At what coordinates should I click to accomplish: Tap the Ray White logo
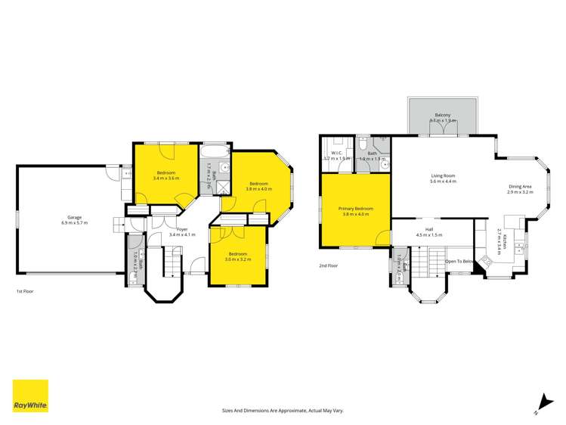(30, 396)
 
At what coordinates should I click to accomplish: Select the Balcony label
(442, 115)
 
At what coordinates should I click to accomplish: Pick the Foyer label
(181, 228)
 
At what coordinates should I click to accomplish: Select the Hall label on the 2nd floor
(429, 229)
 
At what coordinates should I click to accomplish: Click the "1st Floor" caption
(25, 291)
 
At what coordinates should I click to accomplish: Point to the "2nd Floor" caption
(328, 266)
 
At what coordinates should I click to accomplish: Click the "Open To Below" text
(459, 261)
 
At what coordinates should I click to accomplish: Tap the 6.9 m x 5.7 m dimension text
(75, 223)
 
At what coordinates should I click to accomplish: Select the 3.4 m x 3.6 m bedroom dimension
(165, 178)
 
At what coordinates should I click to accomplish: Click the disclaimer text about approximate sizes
(283, 410)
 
